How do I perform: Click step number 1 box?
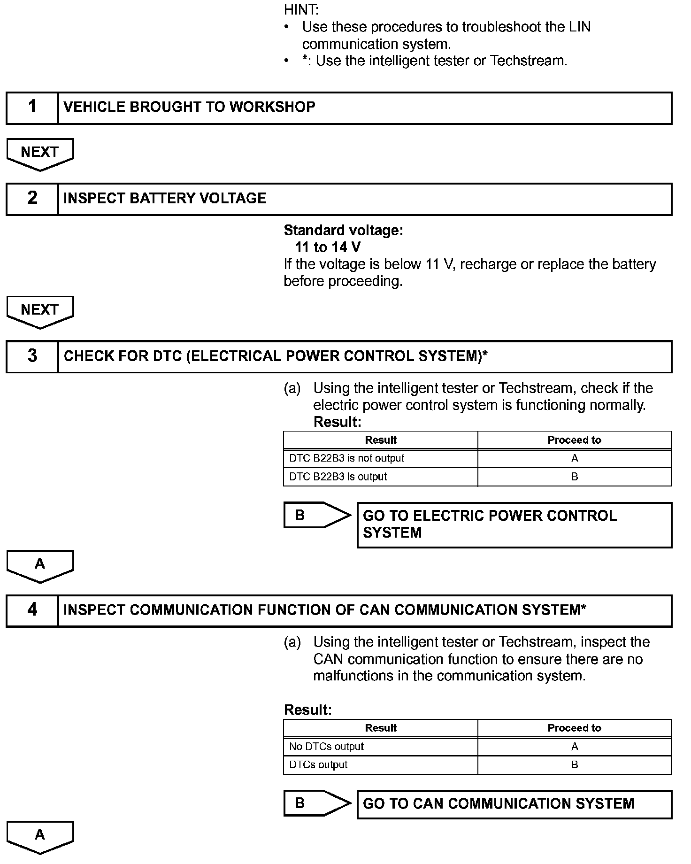[32, 108]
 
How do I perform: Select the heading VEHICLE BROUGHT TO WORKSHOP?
[189, 107]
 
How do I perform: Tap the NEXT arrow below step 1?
[40, 154]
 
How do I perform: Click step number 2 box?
[32, 199]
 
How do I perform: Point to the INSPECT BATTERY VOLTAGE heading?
[165, 199]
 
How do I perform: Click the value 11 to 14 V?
[328, 247]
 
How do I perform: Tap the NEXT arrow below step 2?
[40, 311]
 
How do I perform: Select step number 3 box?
[32, 356]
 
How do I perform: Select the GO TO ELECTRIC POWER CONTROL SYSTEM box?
[514, 525]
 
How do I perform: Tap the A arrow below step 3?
[40, 565]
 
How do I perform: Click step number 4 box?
[32, 610]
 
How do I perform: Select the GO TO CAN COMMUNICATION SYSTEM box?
[514, 804]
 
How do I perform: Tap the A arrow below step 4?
[40, 836]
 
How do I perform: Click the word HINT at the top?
[301, 10]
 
